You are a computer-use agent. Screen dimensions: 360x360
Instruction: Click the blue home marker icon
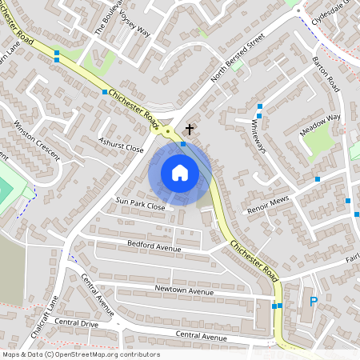(180, 172)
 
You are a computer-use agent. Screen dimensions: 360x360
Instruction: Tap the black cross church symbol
(190, 129)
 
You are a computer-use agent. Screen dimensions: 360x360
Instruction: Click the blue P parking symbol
(314, 302)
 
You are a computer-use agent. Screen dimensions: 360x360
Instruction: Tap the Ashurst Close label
(120, 149)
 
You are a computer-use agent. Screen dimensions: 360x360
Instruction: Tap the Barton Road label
(326, 74)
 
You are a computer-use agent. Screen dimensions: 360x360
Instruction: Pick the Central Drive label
(78, 325)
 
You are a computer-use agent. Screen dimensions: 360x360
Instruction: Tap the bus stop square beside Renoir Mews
(318, 179)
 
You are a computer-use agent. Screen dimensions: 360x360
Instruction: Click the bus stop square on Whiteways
(260, 106)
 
